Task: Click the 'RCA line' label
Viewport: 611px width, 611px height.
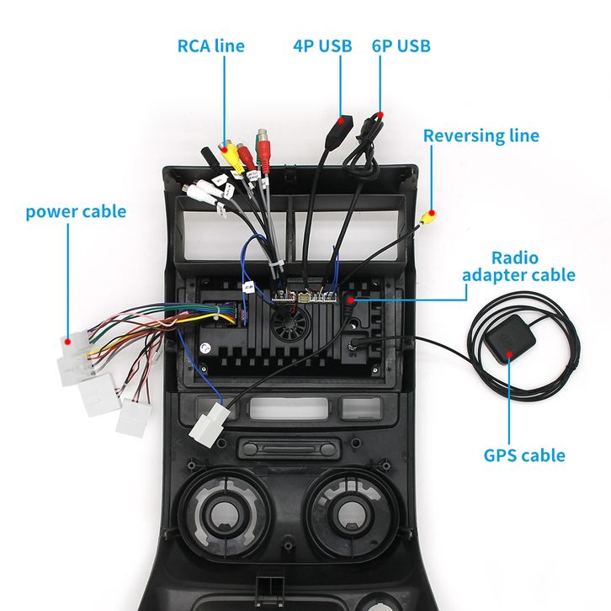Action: pyautogui.click(x=210, y=46)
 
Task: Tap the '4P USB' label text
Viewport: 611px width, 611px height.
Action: pyautogui.click(x=322, y=46)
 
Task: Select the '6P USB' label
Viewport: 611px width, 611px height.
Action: pyautogui.click(x=401, y=46)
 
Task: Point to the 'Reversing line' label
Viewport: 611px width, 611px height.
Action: pyautogui.click(x=481, y=136)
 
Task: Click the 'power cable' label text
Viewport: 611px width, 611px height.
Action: pyautogui.click(x=76, y=212)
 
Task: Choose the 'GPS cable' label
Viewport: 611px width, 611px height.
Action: pyautogui.click(x=524, y=455)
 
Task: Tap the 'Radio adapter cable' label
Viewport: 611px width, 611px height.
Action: pyautogui.click(x=518, y=267)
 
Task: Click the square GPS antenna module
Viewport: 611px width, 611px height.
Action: pyautogui.click(x=506, y=338)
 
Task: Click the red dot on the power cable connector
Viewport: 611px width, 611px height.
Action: pyautogui.click(x=68, y=343)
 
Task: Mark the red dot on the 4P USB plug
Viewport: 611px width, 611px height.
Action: pyautogui.click(x=341, y=121)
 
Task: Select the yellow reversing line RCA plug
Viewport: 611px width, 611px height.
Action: pyautogui.click(x=428, y=216)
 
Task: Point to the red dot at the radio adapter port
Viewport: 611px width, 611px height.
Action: pyautogui.click(x=351, y=300)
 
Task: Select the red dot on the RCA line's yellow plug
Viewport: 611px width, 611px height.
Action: pyautogui.click(x=224, y=148)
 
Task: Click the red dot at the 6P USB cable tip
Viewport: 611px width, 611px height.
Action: pyautogui.click(x=380, y=115)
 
